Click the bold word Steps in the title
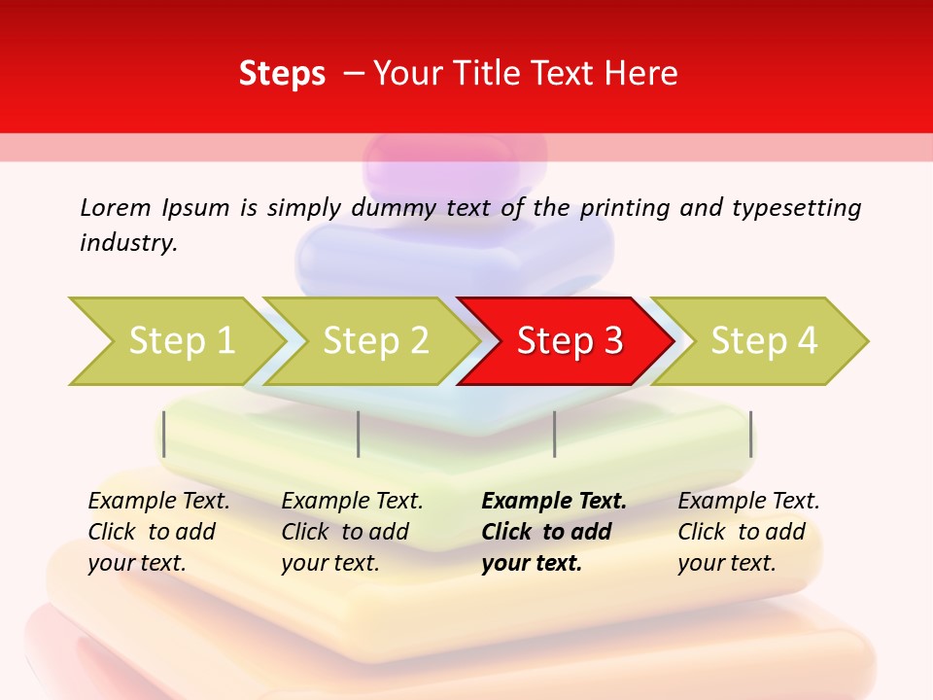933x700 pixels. pos(282,74)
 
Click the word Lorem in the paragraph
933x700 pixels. pos(115,207)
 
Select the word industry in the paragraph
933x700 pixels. pos(127,243)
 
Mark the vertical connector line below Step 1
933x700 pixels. pos(164,434)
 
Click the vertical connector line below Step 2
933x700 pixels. pos(359,434)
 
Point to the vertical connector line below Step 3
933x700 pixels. pos(554,434)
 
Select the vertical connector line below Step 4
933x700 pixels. pos(750,434)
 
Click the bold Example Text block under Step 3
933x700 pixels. pos(553,532)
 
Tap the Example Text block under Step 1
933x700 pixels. pos(157,532)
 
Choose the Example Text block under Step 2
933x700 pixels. pos(352,532)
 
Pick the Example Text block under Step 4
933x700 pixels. pos(748,532)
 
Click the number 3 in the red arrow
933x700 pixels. pos(612,341)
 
